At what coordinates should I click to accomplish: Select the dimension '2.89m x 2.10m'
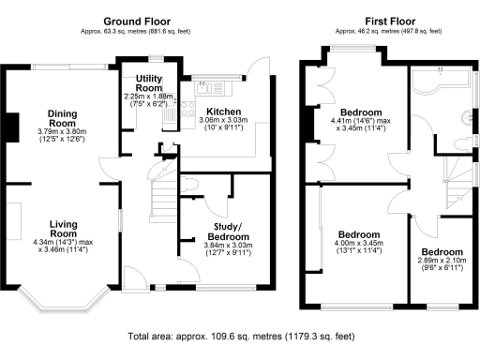click(442, 264)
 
